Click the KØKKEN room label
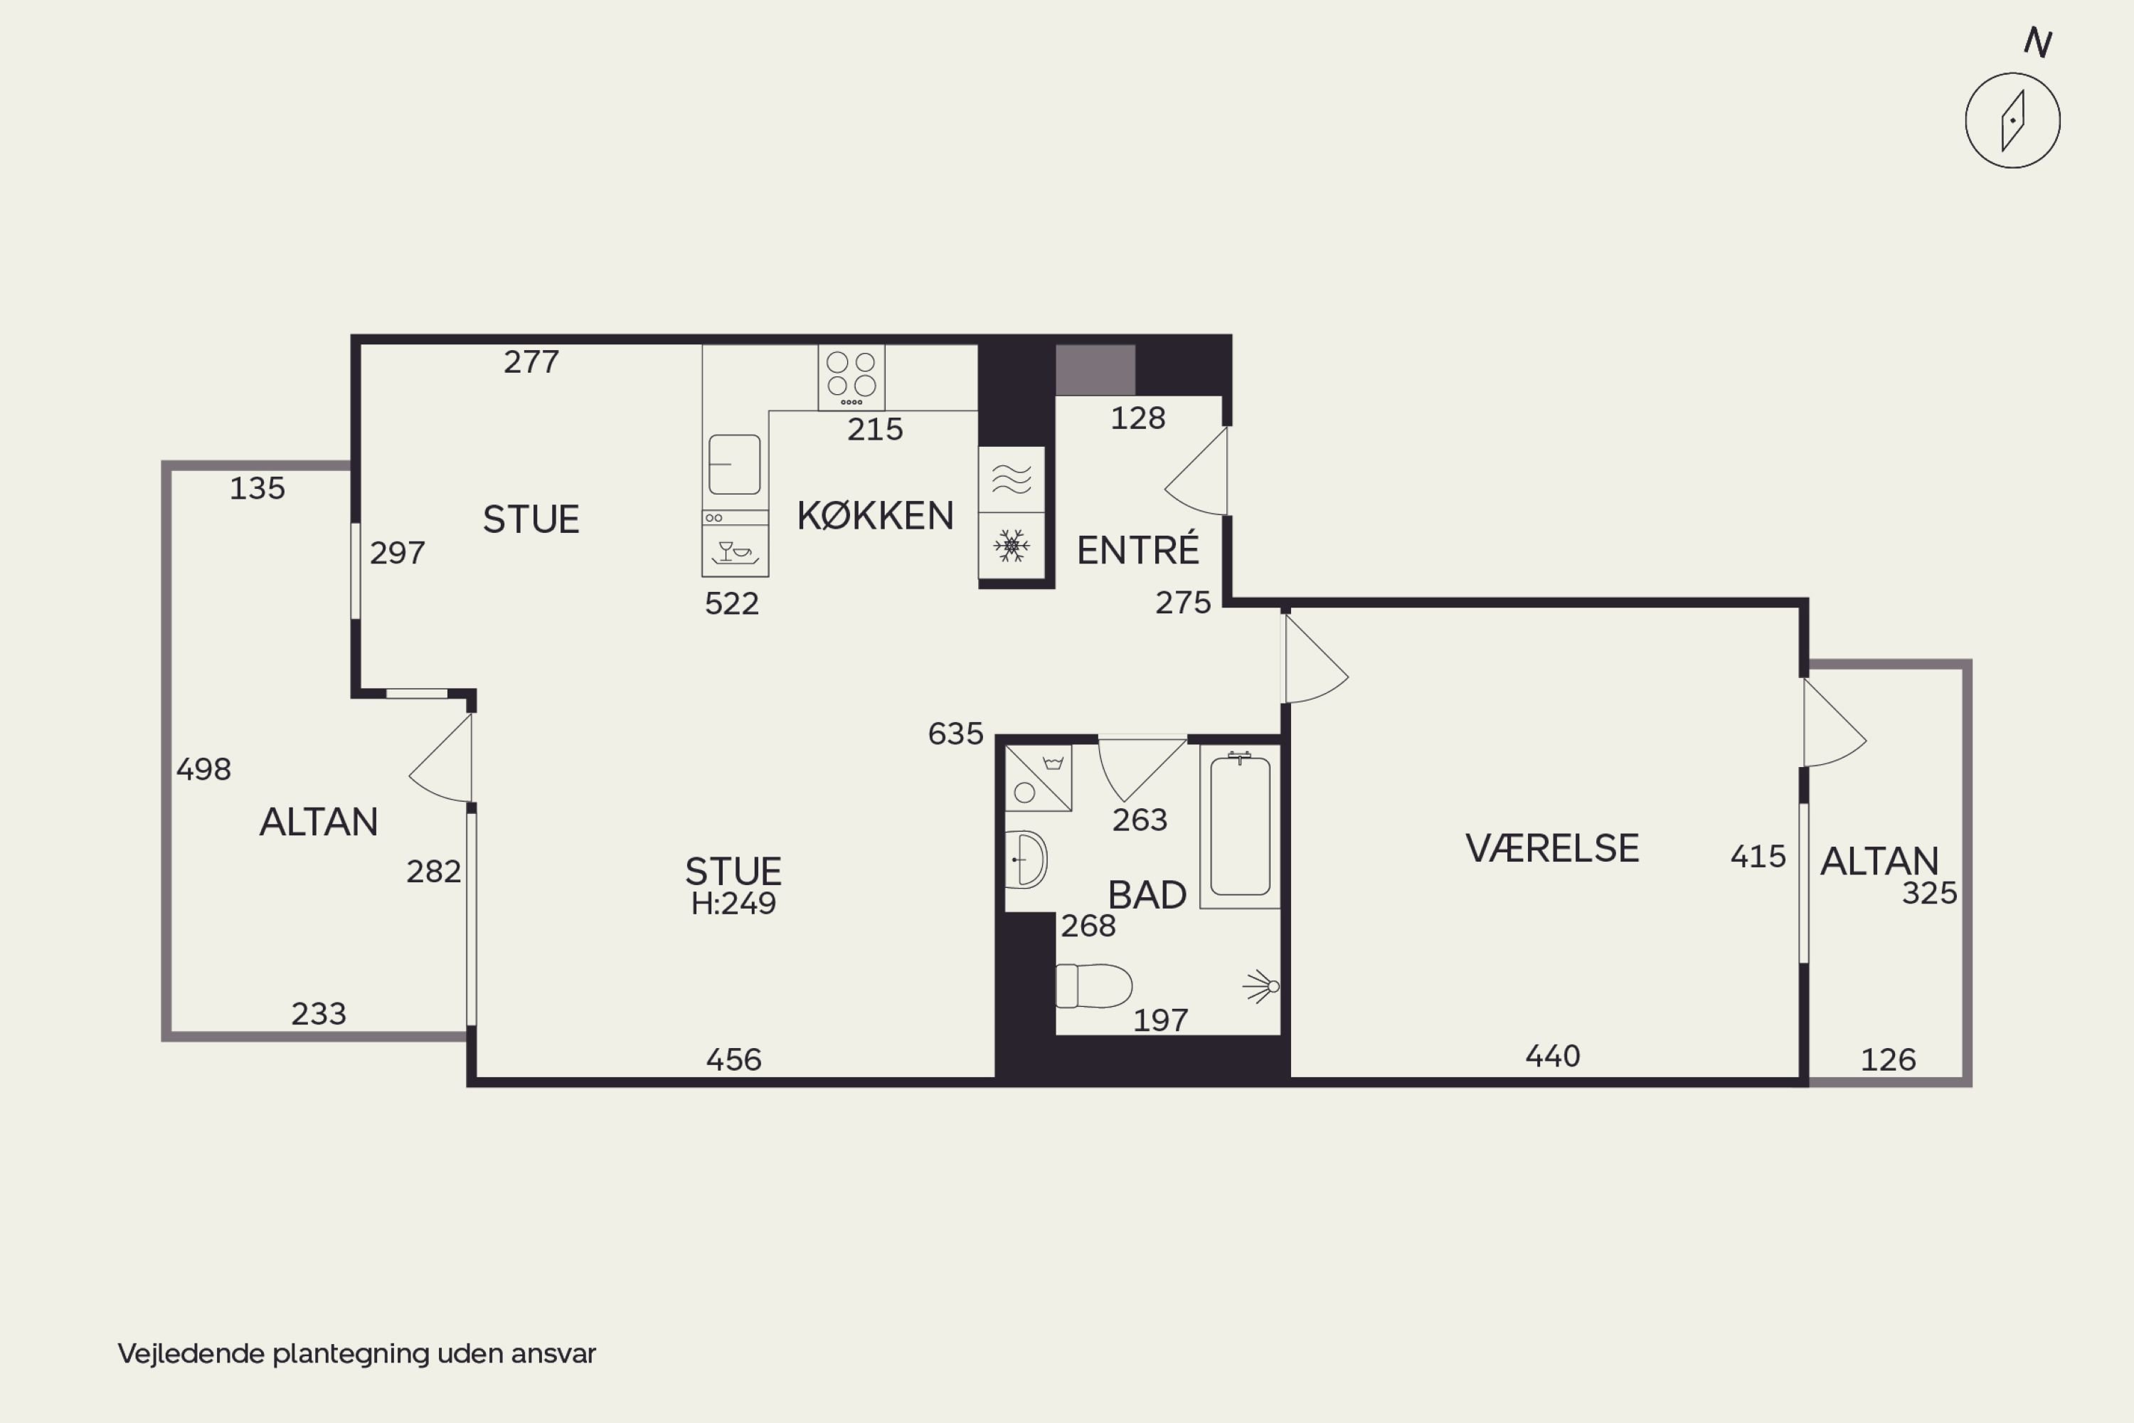[x=876, y=515]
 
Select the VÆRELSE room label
[x=1552, y=847]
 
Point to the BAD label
[x=1147, y=895]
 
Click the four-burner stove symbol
[x=851, y=376]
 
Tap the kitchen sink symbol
[x=734, y=464]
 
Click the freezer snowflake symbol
[x=1012, y=546]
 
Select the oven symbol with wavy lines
[x=1012, y=479]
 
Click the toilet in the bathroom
[x=1094, y=985]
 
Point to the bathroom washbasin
[x=1026, y=859]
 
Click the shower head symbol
[x=1261, y=985]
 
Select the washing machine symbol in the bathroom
[x=1039, y=778]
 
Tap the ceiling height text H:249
[x=733, y=904]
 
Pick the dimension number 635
[x=955, y=734]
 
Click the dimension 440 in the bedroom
[x=1552, y=1055]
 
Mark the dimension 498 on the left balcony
[x=203, y=770]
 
